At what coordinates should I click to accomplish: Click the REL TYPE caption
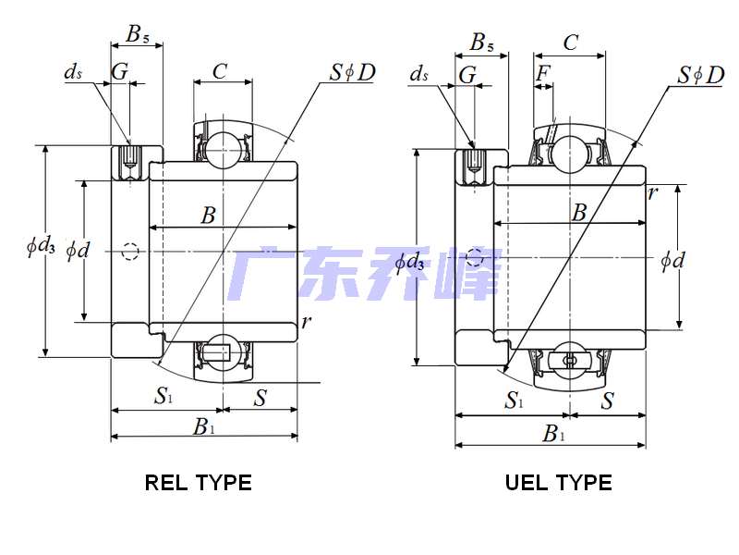click(x=198, y=482)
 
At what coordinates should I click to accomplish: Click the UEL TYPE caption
click(x=558, y=482)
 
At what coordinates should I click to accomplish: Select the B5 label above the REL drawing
click(x=138, y=35)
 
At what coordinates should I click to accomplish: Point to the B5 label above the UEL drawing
click(x=481, y=42)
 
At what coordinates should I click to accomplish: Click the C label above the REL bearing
click(x=220, y=71)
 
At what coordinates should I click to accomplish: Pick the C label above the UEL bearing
click(x=570, y=42)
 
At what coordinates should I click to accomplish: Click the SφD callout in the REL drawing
click(x=351, y=72)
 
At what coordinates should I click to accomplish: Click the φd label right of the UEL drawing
click(x=672, y=260)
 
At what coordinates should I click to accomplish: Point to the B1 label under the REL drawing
click(x=203, y=426)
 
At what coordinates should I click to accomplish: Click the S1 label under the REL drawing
click(x=164, y=398)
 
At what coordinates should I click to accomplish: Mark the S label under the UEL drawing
click(x=608, y=401)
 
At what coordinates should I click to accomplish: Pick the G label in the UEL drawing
click(x=467, y=75)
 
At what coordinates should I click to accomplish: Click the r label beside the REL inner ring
click(x=305, y=322)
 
